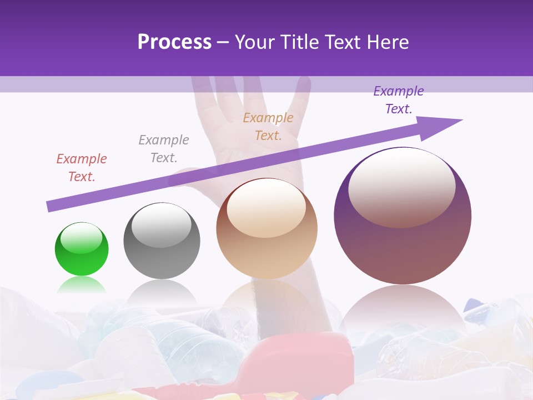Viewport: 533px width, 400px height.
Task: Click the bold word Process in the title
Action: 174,42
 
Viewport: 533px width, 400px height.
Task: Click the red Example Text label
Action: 82,168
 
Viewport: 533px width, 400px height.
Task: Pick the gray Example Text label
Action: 164,149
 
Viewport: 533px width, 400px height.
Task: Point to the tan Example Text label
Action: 268,127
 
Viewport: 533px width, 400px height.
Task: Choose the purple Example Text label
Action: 399,100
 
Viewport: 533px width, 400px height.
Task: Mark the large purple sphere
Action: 403,250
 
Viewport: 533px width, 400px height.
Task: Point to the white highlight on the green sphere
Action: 82,238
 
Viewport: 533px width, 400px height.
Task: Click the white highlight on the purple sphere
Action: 401,187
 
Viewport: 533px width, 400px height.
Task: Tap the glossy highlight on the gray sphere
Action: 162,225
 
